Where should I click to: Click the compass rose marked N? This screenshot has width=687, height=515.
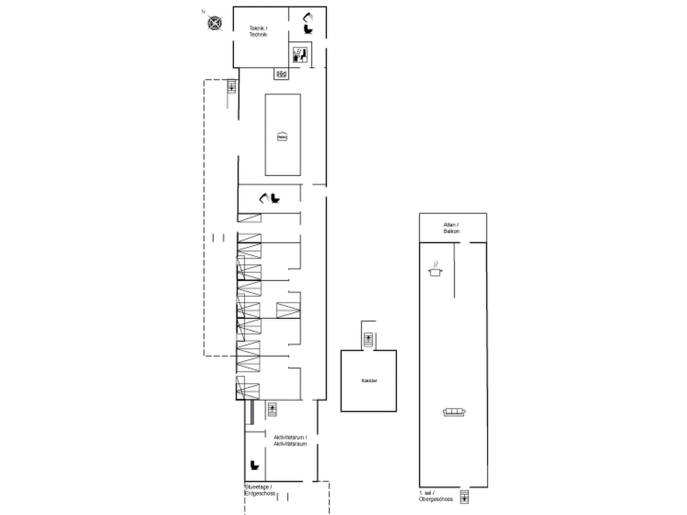click(214, 23)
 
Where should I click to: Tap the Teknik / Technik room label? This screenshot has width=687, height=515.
click(258, 32)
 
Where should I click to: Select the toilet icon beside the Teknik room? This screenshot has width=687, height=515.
click(308, 29)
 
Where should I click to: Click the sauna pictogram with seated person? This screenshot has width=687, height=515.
click(300, 55)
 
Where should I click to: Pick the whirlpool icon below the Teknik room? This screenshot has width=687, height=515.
click(281, 74)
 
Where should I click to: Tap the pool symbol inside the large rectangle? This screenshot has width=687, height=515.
click(282, 136)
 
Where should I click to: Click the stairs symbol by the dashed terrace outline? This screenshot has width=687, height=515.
click(231, 87)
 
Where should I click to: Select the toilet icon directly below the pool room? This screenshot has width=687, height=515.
click(275, 199)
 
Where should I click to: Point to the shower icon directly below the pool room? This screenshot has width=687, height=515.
click(264, 198)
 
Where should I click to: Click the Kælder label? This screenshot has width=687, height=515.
click(369, 381)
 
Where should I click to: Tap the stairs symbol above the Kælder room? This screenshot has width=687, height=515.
click(368, 339)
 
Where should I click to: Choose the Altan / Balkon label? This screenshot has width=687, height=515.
click(452, 228)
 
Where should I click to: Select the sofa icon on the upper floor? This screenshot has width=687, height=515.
click(454, 412)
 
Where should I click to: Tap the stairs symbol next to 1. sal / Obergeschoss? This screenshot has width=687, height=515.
click(464, 497)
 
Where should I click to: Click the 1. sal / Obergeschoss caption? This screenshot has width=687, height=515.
click(435, 496)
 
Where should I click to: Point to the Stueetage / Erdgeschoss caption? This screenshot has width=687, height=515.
click(260, 490)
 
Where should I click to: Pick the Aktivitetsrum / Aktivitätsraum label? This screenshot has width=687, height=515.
click(290, 441)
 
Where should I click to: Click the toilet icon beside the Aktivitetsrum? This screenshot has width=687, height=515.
click(255, 465)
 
